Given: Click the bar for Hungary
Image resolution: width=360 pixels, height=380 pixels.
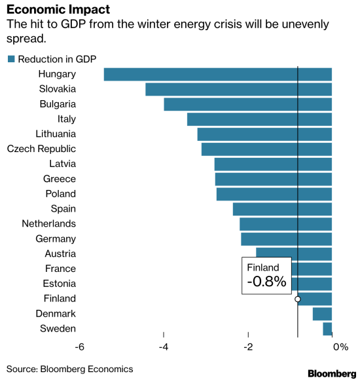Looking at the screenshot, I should (x=218, y=74).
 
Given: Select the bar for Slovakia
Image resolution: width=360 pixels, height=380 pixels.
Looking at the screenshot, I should (x=239, y=89).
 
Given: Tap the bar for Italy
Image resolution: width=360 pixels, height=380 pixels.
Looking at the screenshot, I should (x=260, y=119).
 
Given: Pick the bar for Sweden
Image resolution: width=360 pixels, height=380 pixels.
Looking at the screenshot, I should (x=327, y=329).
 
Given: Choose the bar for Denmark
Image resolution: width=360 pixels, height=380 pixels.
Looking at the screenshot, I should (x=322, y=314).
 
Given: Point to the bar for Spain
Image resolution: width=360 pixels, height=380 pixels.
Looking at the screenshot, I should (x=283, y=209).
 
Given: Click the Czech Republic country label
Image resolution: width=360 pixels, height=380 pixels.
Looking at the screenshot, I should (x=41, y=149).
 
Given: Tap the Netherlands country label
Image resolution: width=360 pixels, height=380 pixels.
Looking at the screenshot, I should (x=49, y=223).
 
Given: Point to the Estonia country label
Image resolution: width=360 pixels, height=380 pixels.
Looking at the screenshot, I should (x=60, y=284).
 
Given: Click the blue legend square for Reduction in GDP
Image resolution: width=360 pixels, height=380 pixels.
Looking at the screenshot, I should (x=11, y=59).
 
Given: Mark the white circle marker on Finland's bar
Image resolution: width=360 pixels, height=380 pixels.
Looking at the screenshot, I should (x=298, y=299).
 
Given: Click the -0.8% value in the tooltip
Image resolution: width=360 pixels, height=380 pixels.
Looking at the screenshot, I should (x=266, y=282).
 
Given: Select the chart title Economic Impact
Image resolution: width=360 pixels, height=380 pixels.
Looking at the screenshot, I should (x=58, y=10).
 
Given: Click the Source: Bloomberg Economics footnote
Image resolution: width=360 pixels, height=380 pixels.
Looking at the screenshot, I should (x=70, y=369).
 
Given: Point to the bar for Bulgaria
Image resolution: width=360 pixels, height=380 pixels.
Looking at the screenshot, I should (x=248, y=104).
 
